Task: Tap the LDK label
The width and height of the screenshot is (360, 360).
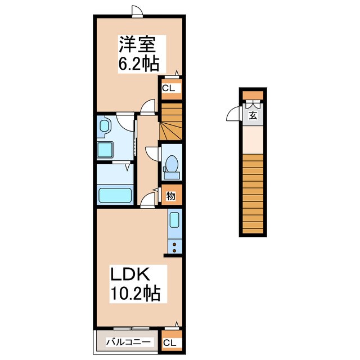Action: pos(129,276)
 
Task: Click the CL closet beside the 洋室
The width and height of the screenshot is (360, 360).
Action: pos(169,88)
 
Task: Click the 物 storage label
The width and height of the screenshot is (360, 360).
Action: pos(170,196)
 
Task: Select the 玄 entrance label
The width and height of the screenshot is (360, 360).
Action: pos(253,116)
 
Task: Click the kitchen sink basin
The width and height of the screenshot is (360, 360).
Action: pos(174,220)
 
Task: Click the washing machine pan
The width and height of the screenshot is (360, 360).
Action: pos(105,150)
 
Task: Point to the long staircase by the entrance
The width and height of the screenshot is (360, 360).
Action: pos(253,194)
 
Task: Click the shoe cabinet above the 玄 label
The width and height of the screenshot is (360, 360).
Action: pos(253,103)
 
